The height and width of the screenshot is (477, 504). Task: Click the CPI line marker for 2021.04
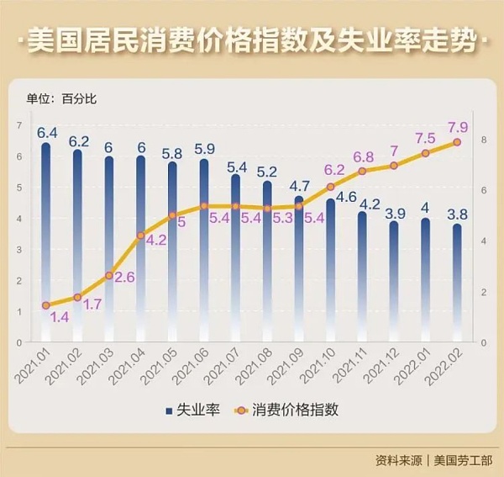(140, 235)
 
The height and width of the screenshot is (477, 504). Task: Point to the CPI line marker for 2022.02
(457, 142)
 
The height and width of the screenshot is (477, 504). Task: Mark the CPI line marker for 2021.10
(330, 186)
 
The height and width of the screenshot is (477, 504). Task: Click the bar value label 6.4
(47, 132)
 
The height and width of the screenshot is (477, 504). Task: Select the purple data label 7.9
(458, 127)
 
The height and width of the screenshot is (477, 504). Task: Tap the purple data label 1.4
(60, 317)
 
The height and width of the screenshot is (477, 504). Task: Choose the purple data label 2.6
(123, 277)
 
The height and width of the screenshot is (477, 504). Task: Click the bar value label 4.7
(299, 185)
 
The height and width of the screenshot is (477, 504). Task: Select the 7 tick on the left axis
(18, 125)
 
